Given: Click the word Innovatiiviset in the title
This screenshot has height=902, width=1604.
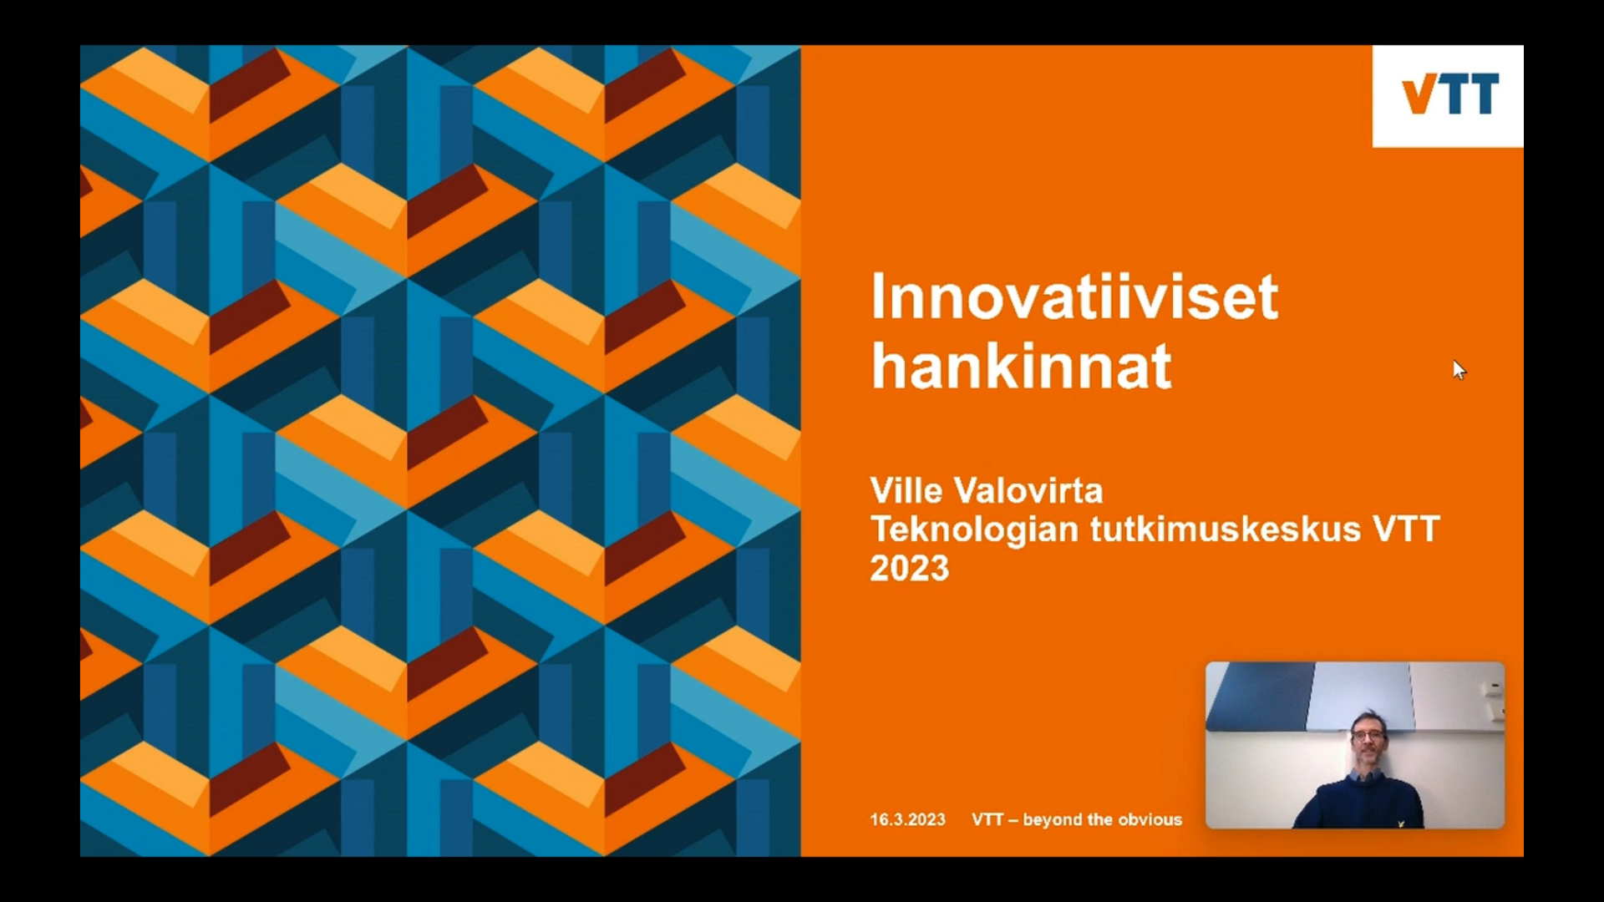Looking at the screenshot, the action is point(1074,296).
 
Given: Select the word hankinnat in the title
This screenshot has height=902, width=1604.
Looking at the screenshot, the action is point(1021,366).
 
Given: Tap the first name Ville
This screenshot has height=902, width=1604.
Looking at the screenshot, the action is point(906,490).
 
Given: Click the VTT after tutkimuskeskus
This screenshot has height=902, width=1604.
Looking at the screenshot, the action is point(1406,529).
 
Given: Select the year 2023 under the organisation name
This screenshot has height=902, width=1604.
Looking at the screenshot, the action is point(910,568).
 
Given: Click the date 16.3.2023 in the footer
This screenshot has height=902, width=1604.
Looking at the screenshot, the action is point(907,819).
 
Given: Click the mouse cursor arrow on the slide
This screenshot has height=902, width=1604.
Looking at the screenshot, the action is point(1459,370).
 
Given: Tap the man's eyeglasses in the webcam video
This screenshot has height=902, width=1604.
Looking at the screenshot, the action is point(1368,734).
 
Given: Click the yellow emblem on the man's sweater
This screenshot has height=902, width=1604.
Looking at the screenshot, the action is point(1400,823).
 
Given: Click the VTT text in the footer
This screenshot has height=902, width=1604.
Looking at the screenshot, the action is point(987,819).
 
